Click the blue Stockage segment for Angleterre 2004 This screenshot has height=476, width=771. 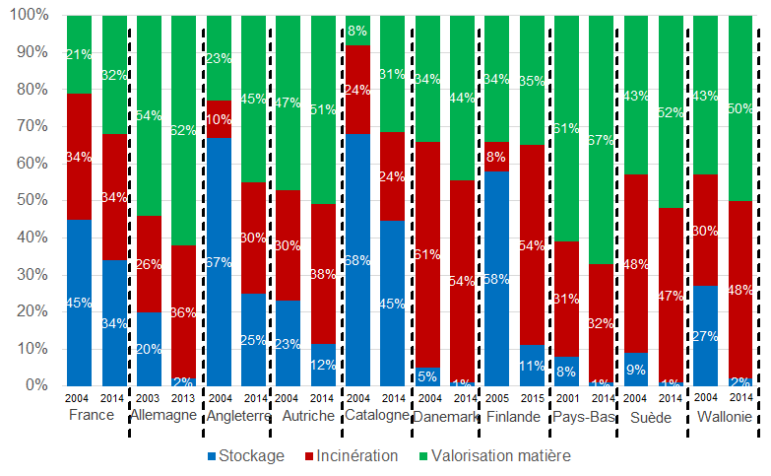click(x=219, y=261)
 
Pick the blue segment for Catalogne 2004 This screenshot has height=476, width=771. click(x=358, y=260)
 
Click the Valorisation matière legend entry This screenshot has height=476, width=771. click(x=497, y=456)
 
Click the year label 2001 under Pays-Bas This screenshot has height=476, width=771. click(x=567, y=400)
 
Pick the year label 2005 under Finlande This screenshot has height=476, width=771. click(x=497, y=400)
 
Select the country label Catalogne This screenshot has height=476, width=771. click(x=377, y=416)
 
